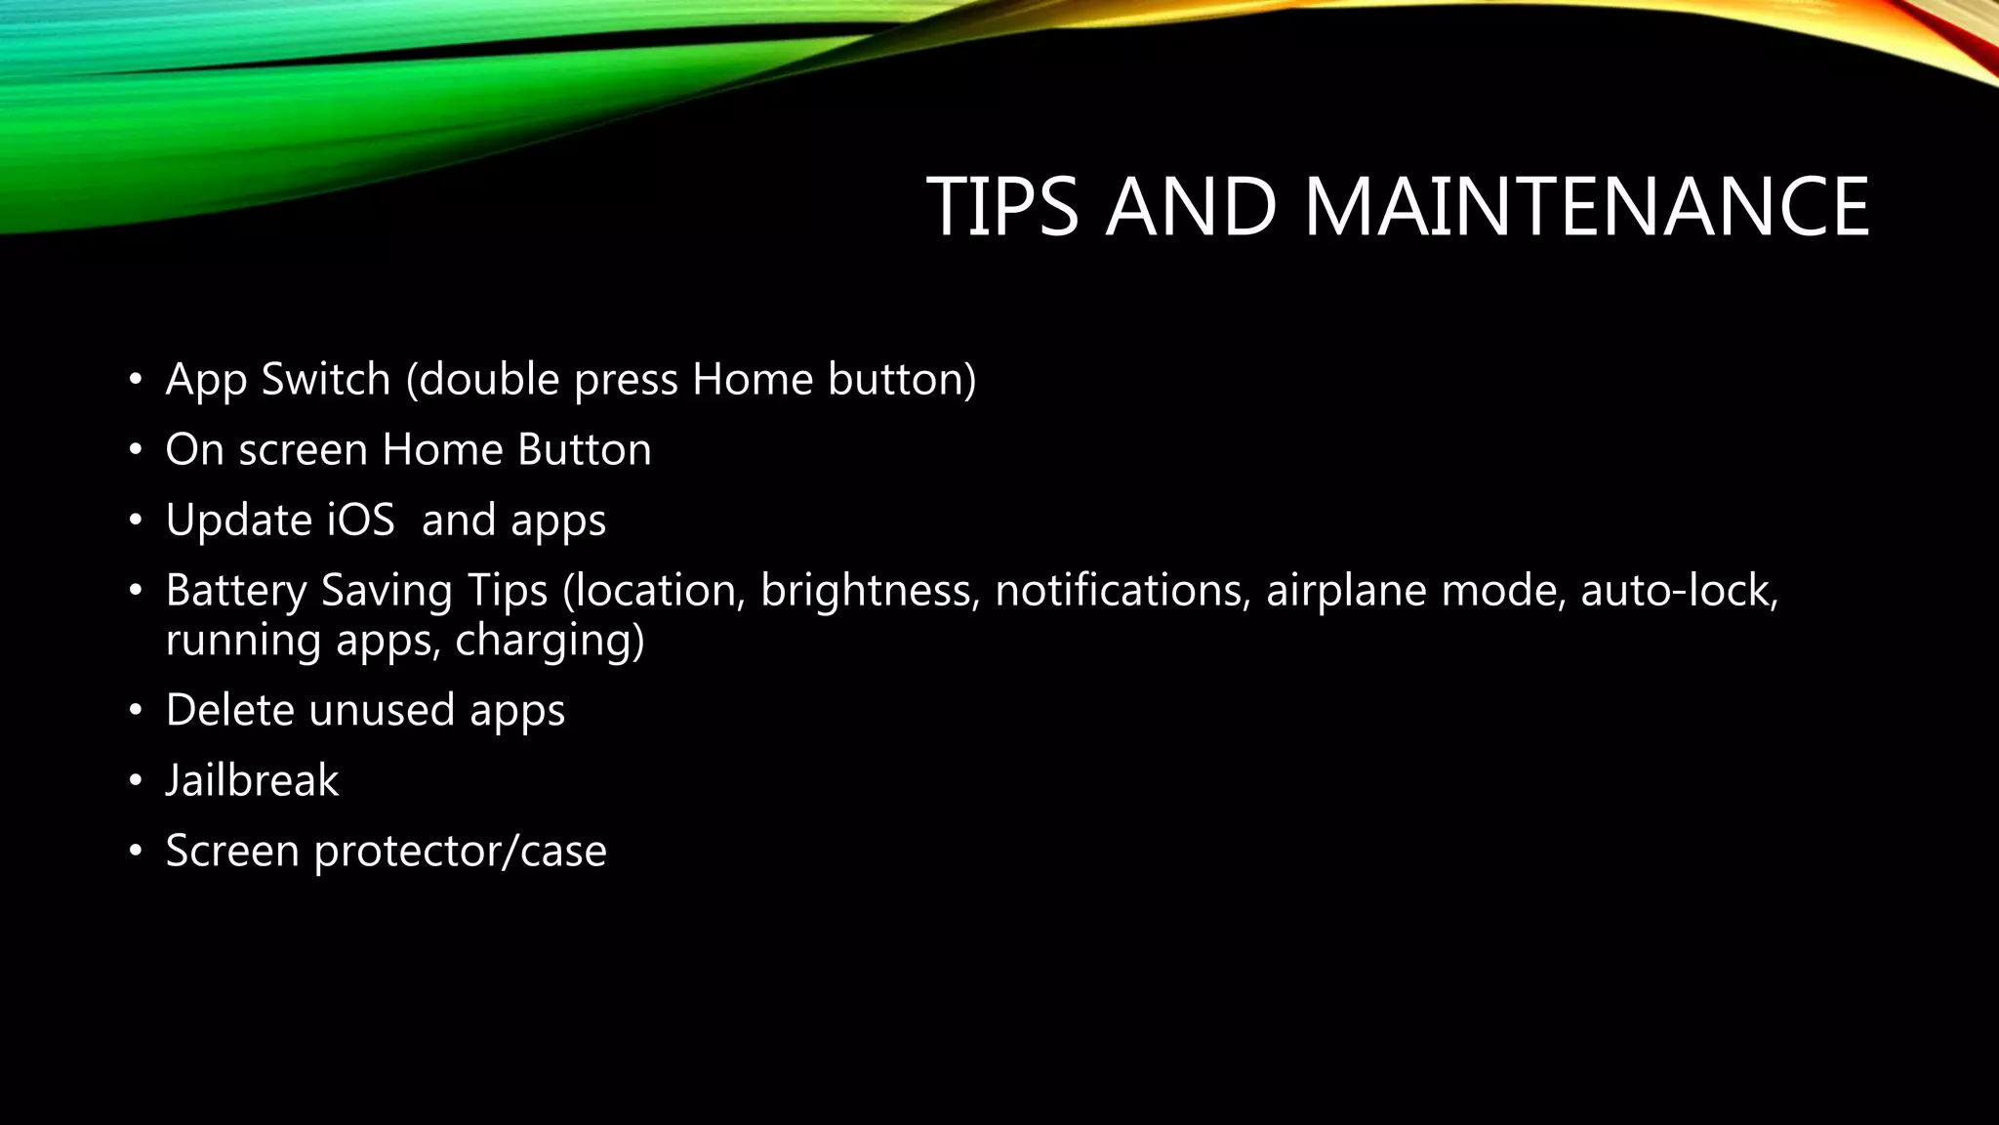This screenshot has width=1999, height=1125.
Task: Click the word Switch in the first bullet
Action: tap(326, 379)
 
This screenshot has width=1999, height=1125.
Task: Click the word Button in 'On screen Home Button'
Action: tap(584, 450)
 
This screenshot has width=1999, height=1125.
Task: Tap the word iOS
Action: tap(360, 520)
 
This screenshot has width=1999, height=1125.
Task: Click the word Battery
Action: tap(235, 591)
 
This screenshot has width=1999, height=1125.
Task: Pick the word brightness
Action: tap(870, 591)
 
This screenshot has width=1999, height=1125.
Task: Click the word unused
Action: tap(381, 710)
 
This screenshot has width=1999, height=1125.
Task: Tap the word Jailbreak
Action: tap(252, 780)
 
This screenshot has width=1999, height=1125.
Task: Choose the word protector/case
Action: tap(460, 851)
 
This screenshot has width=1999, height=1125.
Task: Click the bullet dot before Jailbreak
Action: tap(136, 781)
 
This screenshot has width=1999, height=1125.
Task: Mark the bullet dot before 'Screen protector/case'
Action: tap(136, 852)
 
